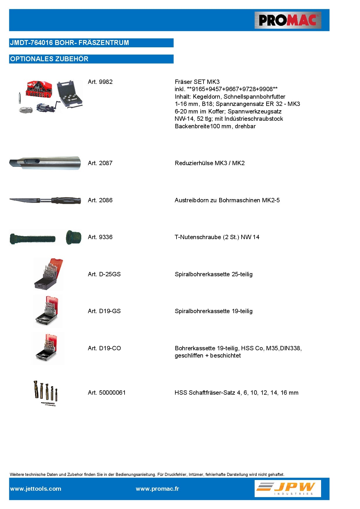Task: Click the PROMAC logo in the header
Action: point(288,20)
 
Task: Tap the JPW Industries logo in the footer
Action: point(288,488)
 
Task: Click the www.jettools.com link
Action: point(36,489)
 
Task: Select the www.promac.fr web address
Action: point(157,489)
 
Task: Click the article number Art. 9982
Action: point(100,82)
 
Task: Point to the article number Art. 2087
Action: point(100,163)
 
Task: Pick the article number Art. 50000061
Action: point(107,393)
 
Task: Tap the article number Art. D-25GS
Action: point(104,274)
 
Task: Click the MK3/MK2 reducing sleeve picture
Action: point(45,163)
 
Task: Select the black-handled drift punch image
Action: point(45,200)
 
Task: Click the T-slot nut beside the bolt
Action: point(73,237)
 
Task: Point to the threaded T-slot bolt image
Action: point(32,239)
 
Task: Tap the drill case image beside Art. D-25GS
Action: point(48,274)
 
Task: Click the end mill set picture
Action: point(46,393)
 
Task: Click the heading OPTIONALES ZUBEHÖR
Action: point(49,59)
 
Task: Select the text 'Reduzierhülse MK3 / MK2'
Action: point(210,163)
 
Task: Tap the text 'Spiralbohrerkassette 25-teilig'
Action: point(213,274)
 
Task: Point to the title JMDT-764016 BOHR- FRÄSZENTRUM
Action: point(69,43)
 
